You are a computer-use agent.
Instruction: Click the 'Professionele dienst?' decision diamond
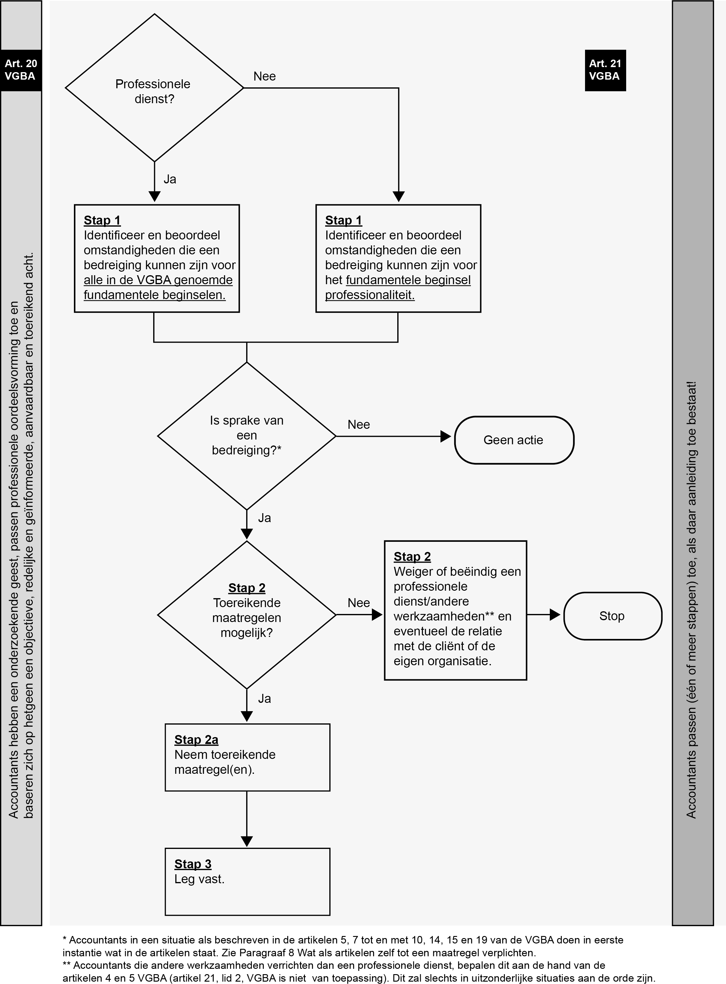[154, 88]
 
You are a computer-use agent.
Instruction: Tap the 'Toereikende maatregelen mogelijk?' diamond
[246, 615]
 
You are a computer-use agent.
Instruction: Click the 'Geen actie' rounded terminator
[514, 440]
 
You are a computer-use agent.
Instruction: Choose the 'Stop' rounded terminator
[613, 616]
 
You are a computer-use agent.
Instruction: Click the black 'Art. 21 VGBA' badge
[605, 70]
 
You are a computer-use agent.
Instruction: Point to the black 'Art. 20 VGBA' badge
[21, 70]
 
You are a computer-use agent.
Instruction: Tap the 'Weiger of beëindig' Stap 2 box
[455, 610]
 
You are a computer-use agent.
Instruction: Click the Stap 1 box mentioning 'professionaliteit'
[398, 259]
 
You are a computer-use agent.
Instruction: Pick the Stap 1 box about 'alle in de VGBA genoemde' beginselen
[157, 259]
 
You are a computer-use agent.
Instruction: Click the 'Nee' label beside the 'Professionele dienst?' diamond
[265, 77]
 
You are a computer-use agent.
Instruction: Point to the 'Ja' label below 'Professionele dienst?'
[170, 180]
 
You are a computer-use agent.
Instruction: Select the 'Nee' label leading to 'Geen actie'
[359, 425]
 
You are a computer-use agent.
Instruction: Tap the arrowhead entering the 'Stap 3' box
[247, 841]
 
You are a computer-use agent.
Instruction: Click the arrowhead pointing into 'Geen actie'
[446, 436]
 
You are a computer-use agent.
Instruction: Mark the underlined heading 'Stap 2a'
[196, 740]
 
